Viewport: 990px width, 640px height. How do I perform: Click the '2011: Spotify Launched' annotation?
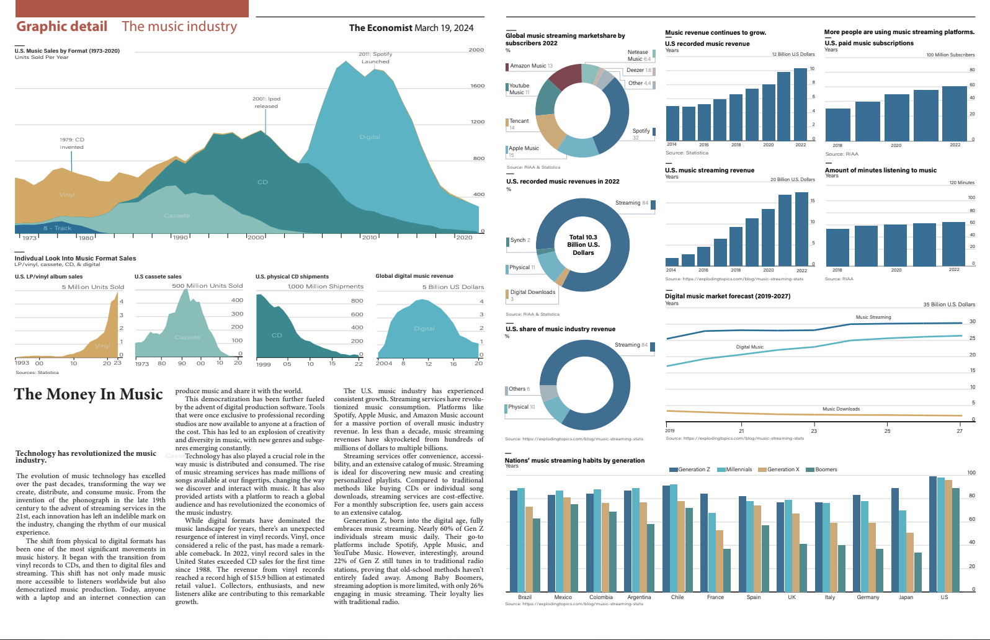click(x=375, y=58)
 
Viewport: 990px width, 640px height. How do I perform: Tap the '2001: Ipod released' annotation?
click(x=266, y=102)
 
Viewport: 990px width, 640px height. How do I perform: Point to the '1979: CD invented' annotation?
click(x=72, y=143)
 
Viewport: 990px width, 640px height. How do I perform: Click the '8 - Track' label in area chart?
click(x=58, y=228)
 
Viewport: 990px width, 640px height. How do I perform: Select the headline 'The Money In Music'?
click(x=89, y=394)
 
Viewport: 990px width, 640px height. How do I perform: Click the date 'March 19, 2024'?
click(x=444, y=28)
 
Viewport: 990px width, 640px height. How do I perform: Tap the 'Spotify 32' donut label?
click(x=641, y=133)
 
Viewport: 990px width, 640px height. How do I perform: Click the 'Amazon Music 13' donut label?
click(x=531, y=66)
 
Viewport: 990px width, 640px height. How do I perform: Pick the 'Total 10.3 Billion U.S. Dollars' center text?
click(x=583, y=245)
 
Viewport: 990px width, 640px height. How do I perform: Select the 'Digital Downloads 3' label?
click(x=532, y=295)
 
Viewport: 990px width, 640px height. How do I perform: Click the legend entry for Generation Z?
click(x=690, y=469)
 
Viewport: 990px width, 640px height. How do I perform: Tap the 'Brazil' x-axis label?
click(x=525, y=597)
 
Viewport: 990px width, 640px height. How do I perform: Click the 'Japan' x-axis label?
click(x=906, y=597)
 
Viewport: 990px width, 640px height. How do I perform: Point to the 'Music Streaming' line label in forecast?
click(x=873, y=317)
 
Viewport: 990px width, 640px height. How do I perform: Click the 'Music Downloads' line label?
click(x=841, y=409)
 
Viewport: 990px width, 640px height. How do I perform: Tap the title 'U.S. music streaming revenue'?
click(x=709, y=170)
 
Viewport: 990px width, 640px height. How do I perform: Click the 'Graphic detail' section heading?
click(x=61, y=27)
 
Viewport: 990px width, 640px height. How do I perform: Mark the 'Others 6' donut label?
click(x=519, y=389)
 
